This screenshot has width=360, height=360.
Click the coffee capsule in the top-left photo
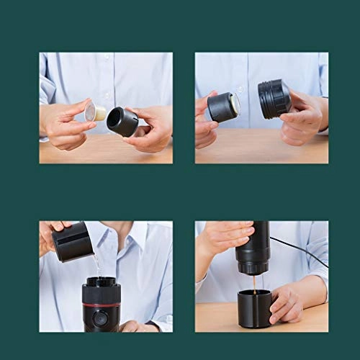(94, 112)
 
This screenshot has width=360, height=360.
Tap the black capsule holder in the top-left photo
(122, 121)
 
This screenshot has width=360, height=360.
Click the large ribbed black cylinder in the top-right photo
(274, 99)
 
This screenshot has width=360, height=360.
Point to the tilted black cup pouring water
(73, 241)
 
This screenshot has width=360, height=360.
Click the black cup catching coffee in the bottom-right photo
(254, 309)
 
